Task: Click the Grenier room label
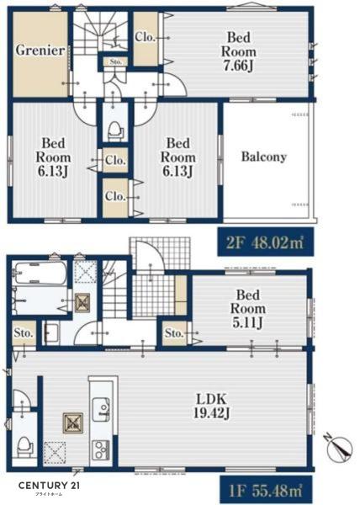click(x=40, y=50)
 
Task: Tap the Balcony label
click(x=264, y=157)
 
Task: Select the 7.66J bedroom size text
click(x=238, y=66)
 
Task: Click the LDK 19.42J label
click(x=211, y=406)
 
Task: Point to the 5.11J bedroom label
click(x=248, y=322)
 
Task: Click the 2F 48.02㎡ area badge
click(x=266, y=242)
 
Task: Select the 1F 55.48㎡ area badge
click(x=266, y=490)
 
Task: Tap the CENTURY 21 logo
click(x=49, y=486)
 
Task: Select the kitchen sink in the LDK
click(x=101, y=409)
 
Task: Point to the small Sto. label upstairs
click(x=116, y=61)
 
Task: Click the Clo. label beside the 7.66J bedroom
click(x=146, y=37)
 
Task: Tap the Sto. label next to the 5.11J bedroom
click(x=174, y=333)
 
